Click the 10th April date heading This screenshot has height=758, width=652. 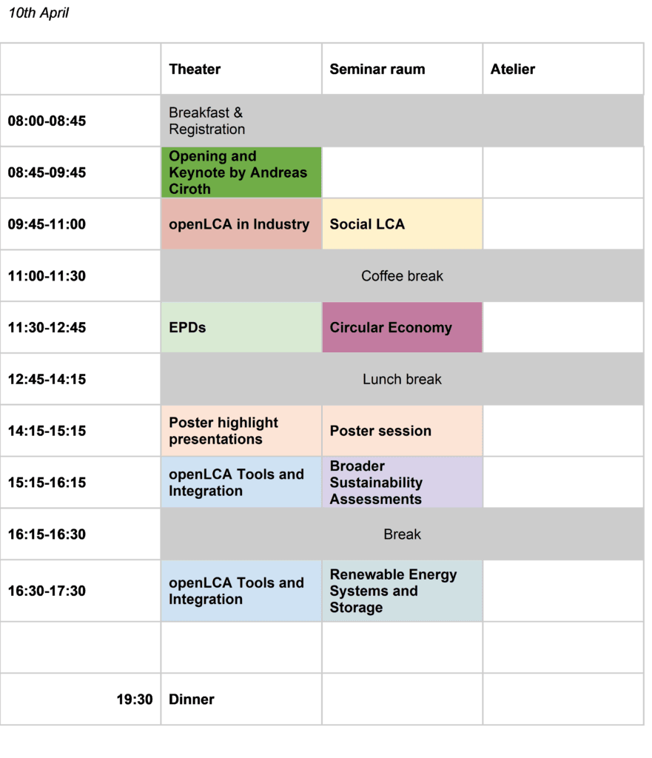tap(38, 13)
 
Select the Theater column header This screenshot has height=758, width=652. tap(195, 69)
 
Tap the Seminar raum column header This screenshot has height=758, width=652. tap(377, 69)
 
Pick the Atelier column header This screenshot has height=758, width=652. tap(513, 69)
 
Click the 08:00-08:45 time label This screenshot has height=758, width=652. tap(47, 121)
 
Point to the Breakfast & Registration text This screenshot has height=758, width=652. tap(207, 121)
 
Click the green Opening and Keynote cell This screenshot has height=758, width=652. tap(241, 172)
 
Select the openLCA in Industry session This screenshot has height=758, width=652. tap(241, 224)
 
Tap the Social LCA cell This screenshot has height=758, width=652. tap(402, 224)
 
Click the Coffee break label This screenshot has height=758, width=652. tap(402, 276)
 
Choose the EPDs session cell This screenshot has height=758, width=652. tap(241, 327)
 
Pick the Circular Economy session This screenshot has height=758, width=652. tap(402, 327)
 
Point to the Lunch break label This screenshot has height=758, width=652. tap(402, 380)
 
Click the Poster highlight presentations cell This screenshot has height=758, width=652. tap(241, 431)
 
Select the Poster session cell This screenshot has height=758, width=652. tap(402, 431)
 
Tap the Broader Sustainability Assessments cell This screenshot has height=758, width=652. tap(402, 483)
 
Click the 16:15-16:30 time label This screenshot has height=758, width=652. tap(47, 534)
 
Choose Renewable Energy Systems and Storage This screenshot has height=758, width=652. tap(402, 591)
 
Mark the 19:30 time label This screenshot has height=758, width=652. tap(135, 700)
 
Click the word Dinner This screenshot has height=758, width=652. tap(192, 700)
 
